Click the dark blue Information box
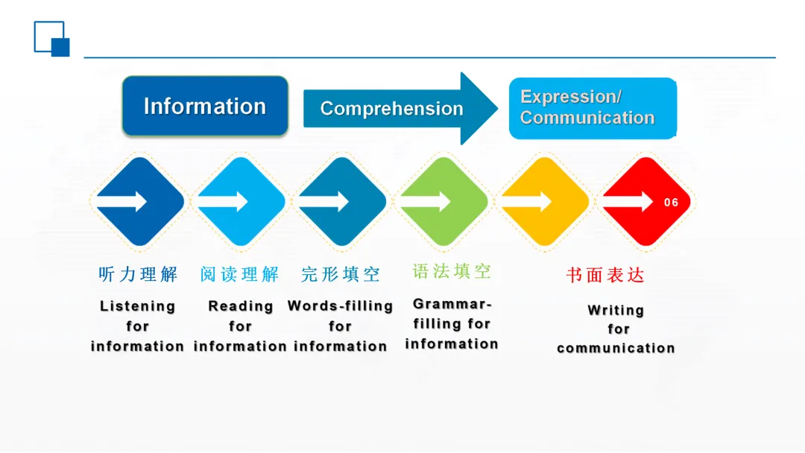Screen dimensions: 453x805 tap(205, 106)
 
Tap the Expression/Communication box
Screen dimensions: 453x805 tap(592, 108)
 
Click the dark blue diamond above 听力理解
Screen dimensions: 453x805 tap(139, 201)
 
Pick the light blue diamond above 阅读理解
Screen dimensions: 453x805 tap(240, 201)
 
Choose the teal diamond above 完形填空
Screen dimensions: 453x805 tap(341, 201)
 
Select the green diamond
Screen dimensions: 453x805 tap(443, 201)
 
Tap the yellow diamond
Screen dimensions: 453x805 tap(543, 201)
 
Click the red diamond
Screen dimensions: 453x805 tap(645, 201)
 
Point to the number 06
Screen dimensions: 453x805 tap(671, 203)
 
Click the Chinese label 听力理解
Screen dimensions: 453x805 tap(139, 274)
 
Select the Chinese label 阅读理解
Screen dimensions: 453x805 tap(239, 274)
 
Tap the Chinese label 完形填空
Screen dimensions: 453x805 tap(341, 274)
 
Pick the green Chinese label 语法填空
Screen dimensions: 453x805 tap(452, 271)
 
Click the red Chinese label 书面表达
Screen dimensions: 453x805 tap(605, 275)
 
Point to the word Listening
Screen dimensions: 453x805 tap(138, 306)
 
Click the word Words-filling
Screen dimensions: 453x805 tap(340, 306)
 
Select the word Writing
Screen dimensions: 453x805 tap(616, 310)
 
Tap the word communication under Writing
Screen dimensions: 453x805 tap(616, 348)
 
